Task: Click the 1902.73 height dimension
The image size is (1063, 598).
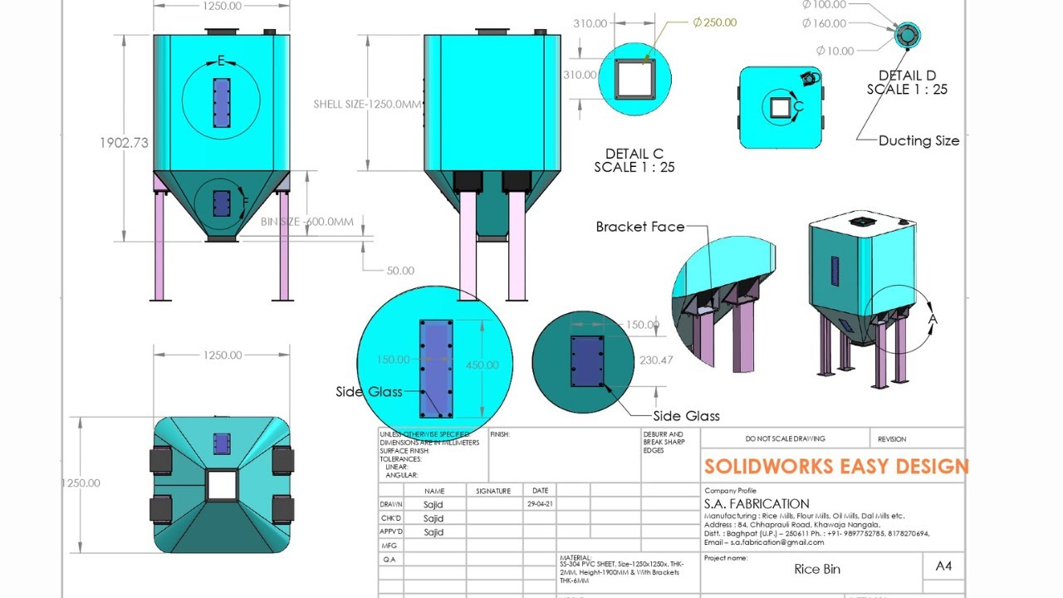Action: [x=124, y=142]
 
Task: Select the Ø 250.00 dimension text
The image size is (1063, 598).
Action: [x=714, y=22]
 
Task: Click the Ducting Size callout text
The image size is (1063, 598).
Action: [x=918, y=141]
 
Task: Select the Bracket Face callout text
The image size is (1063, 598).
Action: [x=639, y=227]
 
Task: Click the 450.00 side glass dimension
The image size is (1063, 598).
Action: [x=482, y=365]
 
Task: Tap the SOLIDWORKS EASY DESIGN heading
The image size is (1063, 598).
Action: [x=835, y=466]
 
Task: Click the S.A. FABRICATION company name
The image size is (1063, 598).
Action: [x=757, y=503]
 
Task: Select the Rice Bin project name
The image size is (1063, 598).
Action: [x=817, y=569]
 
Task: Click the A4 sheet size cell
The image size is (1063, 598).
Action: [x=943, y=566]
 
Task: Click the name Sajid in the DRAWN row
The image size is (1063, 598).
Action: [x=434, y=504]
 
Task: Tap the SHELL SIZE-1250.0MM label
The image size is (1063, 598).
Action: [x=367, y=105]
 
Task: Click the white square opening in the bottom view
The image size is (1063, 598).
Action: [x=222, y=484]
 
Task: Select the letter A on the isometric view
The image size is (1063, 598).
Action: [x=933, y=319]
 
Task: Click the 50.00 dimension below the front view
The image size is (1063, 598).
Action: [x=400, y=271]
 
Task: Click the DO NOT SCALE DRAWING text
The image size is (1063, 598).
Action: [x=785, y=439]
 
